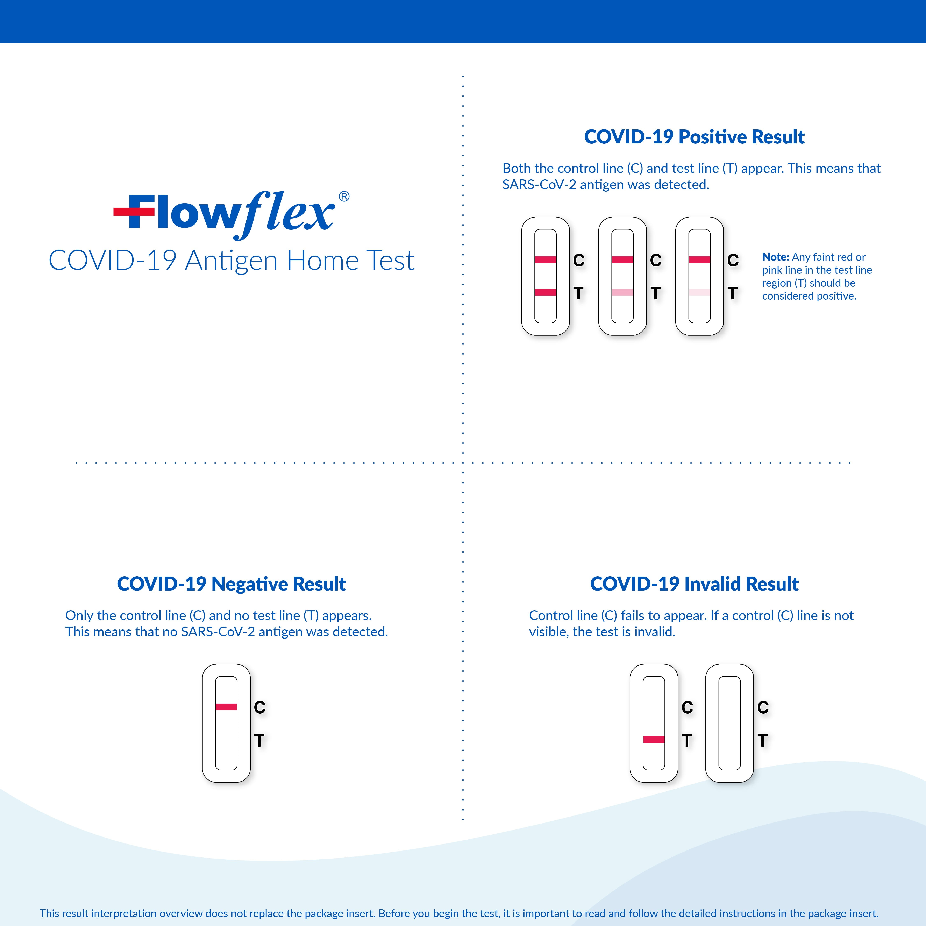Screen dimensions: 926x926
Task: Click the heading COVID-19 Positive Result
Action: pos(694,137)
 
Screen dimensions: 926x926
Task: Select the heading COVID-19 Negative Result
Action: pos(231,584)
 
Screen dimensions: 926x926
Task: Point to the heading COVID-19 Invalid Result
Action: pos(694,584)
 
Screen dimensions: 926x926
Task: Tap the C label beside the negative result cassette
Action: pos(259,707)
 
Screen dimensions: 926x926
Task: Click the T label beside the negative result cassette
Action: pos(259,741)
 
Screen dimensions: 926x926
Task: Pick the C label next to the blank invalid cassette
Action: pos(763,707)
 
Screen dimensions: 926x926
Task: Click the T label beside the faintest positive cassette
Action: pos(732,293)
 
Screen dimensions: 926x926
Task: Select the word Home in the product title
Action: pos(323,261)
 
